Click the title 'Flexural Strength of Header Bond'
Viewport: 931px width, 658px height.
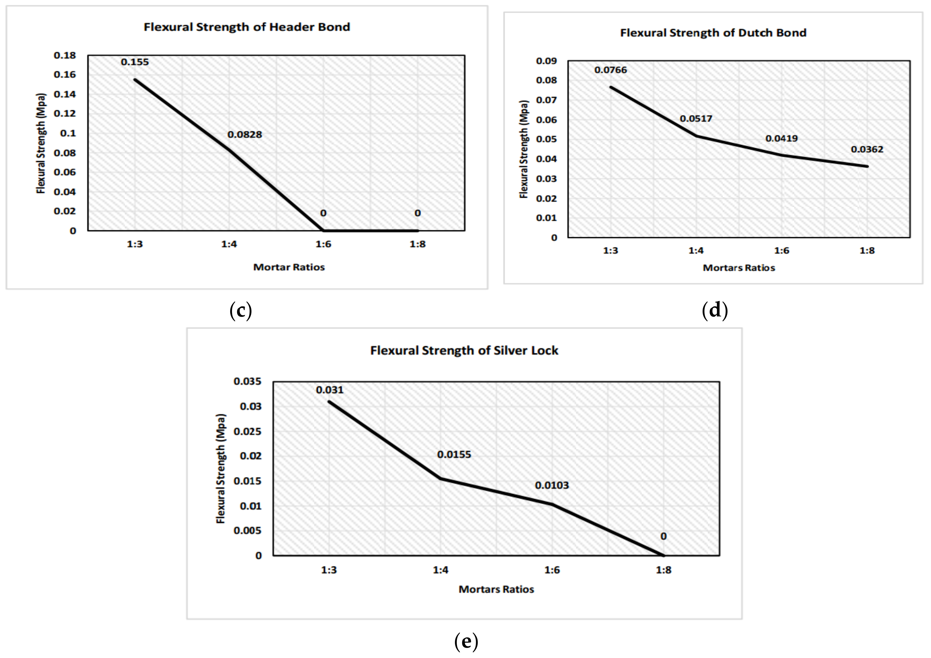coord(247,27)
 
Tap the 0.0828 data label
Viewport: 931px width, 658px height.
coord(245,134)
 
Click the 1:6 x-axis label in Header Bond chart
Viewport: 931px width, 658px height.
coord(323,244)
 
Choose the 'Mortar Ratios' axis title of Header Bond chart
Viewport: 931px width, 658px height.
coord(289,267)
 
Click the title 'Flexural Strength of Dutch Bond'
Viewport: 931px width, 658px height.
coord(713,33)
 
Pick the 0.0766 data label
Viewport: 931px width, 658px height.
coord(610,70)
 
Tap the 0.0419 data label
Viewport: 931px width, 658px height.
coord(781,139)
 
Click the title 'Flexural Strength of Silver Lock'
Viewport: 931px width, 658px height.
coord(464,351)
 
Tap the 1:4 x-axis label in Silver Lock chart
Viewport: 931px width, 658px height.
coord(440,570)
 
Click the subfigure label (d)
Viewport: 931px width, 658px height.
coord(714,310)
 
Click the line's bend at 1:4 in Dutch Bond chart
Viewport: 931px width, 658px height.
coord(696,136)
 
